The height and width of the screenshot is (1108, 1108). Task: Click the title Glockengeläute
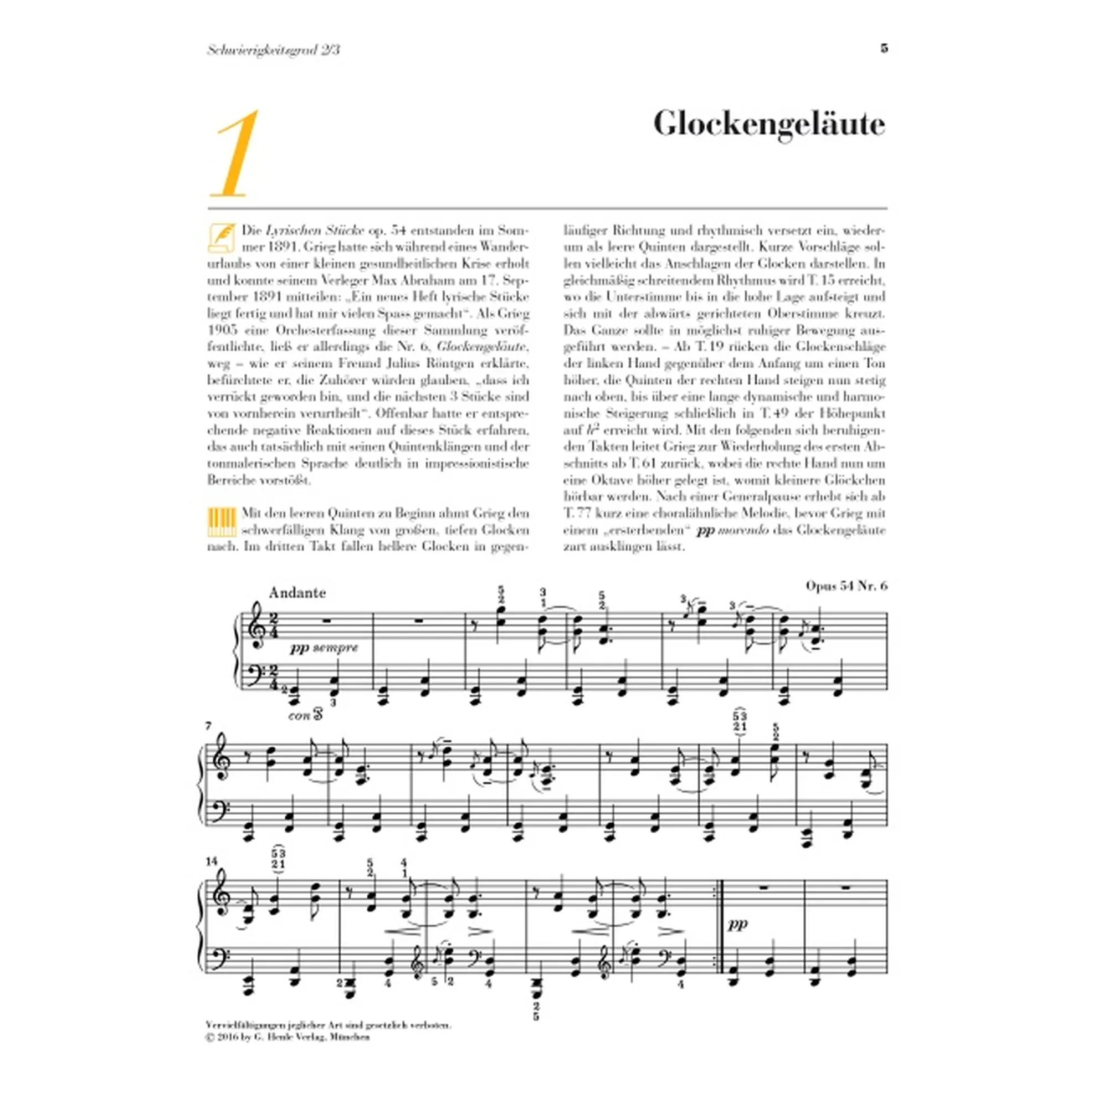tap(769, 125)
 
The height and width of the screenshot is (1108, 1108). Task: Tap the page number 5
tap(884, 49)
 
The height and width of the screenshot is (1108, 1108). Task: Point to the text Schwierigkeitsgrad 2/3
tap(273, 50)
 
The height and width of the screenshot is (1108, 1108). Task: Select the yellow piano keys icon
tap(221, 521)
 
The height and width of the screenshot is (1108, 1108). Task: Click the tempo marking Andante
tap(297, 592)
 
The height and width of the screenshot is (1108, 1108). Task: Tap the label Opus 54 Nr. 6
tap(846, 586)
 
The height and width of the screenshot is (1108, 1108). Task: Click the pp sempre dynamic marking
tap(324, 648)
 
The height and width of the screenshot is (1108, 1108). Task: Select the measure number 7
tap(209, 726)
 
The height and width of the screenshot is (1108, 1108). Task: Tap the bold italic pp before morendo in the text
tap(704, 530)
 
